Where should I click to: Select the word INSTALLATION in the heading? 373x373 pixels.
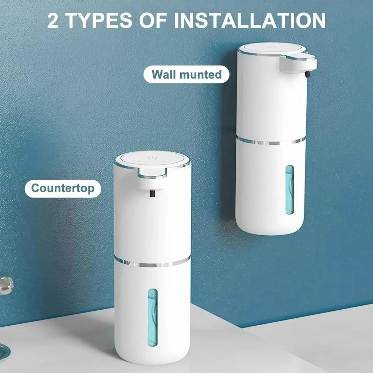(250, 21)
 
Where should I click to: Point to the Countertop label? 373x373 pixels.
(63, 188)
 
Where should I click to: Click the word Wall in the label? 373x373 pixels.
(164, 75)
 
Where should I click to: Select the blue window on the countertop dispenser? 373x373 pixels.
(152, 317)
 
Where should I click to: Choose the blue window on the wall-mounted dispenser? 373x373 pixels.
(289, 189)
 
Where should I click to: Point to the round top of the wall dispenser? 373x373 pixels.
(271, 48)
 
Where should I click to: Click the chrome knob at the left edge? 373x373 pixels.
(5, 285)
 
